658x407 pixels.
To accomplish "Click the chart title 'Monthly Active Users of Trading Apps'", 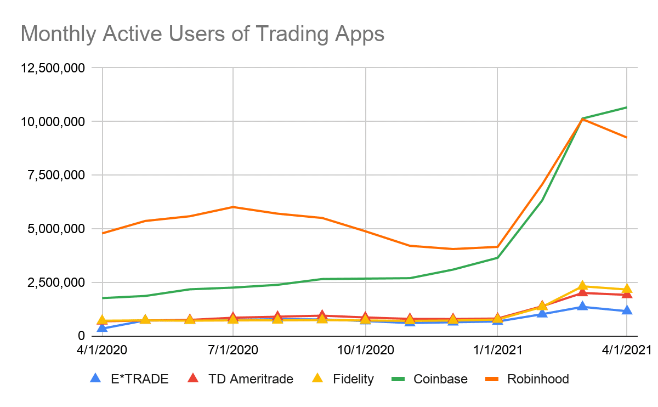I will (x=202, y=34).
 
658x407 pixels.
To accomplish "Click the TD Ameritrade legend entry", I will (x=251, y=379).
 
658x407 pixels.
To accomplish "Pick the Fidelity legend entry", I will (x=353, y=379).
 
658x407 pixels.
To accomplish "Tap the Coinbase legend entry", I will (x=440, y=379).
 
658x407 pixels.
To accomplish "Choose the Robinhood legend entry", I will (x=538, y=379).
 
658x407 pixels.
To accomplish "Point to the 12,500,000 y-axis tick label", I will (x=53, y=68).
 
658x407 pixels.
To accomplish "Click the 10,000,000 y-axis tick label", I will (x=53, y=121).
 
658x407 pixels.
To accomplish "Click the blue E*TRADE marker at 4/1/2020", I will (x=102, y=327).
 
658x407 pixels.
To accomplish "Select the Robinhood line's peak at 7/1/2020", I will (x=234, y=207).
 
